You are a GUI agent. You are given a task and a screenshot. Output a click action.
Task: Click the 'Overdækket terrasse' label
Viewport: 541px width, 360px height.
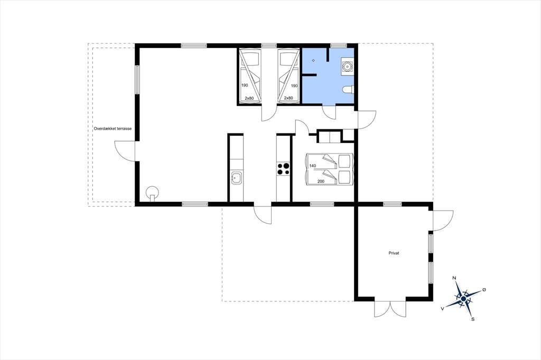113,129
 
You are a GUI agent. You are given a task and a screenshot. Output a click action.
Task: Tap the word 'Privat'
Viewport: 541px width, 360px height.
394,253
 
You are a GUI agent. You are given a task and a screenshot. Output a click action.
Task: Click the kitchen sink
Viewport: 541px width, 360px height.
236,178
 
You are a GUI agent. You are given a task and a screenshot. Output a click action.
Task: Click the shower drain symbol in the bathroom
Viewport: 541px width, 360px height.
313,61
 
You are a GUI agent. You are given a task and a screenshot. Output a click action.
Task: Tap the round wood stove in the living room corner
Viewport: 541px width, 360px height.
152,193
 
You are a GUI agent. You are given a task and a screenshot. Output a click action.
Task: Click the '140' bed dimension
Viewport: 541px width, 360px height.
313,166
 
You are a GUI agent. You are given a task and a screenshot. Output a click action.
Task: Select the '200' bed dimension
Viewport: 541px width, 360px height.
321,181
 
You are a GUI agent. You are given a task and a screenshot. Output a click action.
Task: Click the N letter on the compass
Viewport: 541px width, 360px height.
454,278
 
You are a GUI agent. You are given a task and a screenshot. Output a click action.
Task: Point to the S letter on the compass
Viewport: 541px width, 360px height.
473,319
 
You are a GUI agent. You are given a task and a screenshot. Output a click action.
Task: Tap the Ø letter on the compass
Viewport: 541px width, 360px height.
484,290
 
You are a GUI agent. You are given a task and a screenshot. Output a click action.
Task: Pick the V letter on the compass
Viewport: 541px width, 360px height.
442,309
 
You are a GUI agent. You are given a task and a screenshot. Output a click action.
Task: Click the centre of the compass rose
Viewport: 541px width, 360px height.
463,298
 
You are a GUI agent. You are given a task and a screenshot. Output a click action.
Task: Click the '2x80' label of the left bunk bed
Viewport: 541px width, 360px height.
249,98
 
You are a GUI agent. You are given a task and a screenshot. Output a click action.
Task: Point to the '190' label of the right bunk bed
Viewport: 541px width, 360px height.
294,86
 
